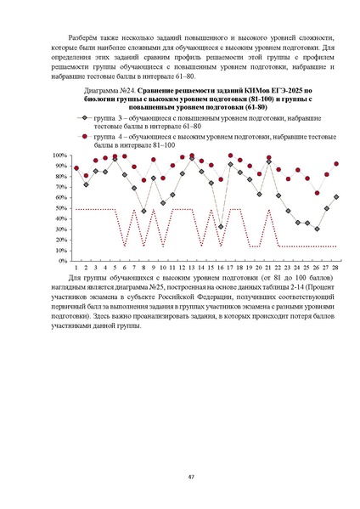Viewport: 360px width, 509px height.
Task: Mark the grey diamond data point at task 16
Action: (221, 227)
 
